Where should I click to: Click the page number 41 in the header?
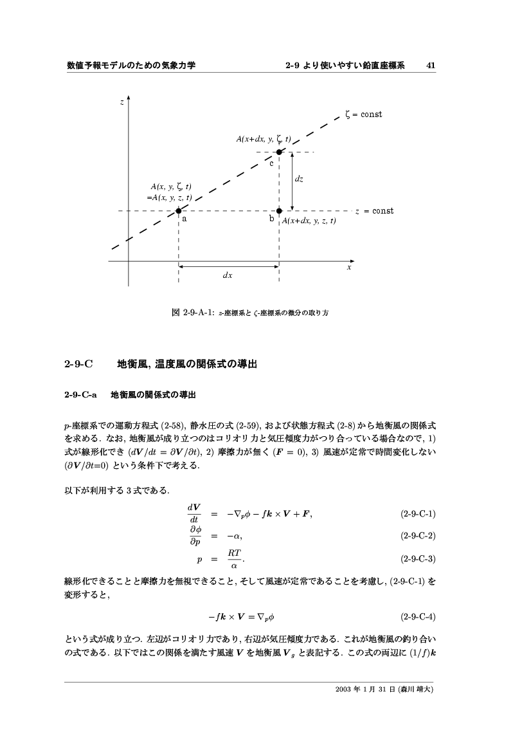[431, 65]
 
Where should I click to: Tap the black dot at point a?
[178, 210]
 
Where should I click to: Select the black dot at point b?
[279, 210]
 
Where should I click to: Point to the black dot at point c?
[279, 152]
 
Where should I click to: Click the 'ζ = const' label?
[363, 115]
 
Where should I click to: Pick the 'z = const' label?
[374, 211]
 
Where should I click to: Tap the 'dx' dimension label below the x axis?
[228, 275]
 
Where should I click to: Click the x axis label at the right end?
[349, 267]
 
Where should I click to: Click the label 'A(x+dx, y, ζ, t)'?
[264, 139]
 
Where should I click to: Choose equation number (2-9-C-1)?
[418, 514]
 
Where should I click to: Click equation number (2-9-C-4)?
[418, 617]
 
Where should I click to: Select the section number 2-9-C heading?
[79, 365]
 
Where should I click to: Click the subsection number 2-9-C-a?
[80, 393]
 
